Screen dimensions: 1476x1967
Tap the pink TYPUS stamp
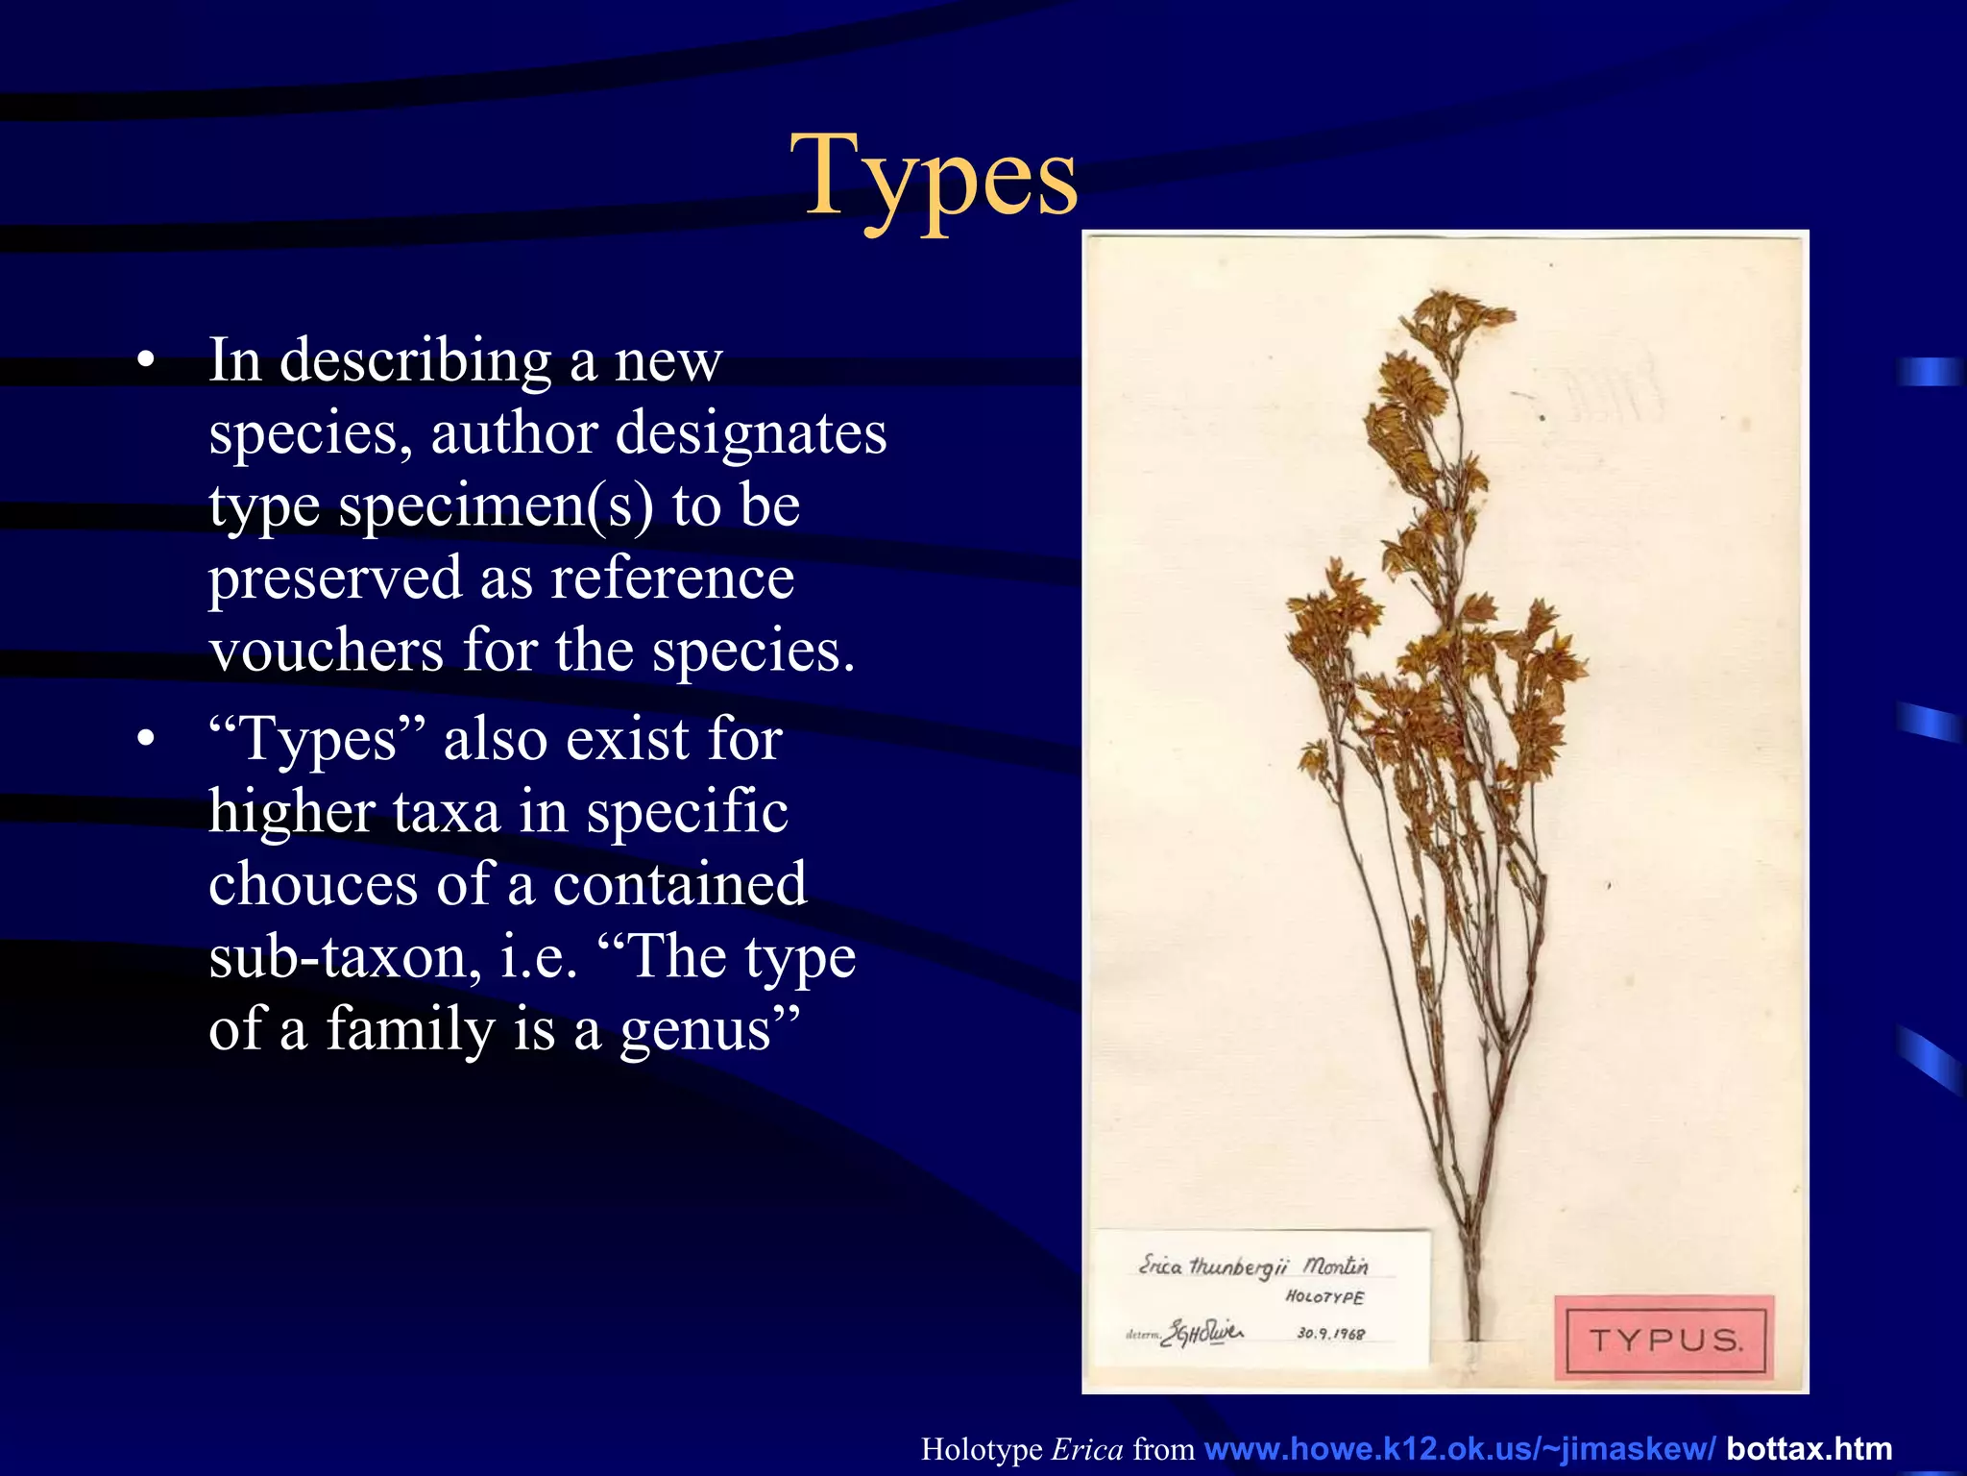tap(1664, 1340)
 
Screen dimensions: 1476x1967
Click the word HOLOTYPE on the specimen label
tap(1324, 1297)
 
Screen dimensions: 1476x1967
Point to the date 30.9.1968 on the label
tap(1330, 1334)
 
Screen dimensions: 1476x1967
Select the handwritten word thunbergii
tap(1238, 1267)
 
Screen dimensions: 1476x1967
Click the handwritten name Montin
tap(1336, 1267)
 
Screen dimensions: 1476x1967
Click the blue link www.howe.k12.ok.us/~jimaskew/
tap(1459, 1449)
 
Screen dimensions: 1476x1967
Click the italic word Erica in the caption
tap(1087, 1449)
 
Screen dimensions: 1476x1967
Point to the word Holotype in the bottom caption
tap(982, 1449)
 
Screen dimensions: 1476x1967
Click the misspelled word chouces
tap(313, 885)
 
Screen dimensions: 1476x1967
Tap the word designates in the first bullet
tap(751, 433)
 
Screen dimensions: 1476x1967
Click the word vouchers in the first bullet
tap(327, 652)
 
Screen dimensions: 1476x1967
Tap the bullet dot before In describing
tap(145, 361)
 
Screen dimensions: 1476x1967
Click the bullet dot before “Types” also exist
tap(145, 740)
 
